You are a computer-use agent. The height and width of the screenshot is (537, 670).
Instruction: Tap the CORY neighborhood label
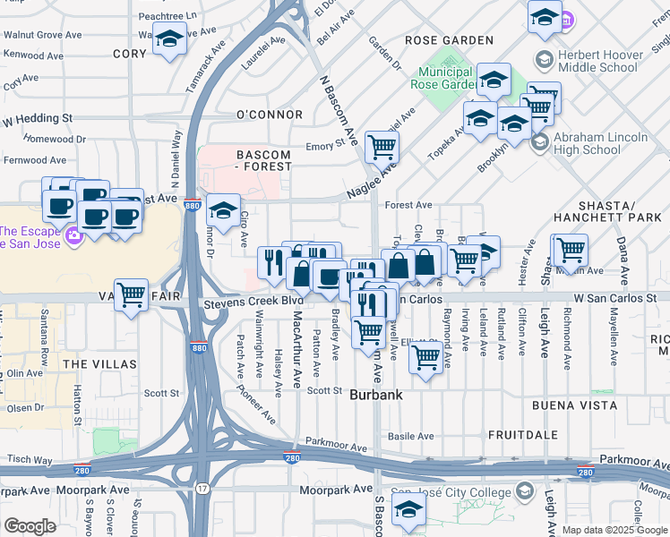click(129, 54)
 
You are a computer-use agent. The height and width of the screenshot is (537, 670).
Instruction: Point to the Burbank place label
click(375, 394)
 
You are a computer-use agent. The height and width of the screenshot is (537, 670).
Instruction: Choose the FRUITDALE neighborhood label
click(524, 434)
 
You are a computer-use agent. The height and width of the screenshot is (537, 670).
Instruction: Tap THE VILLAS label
click(100, 364)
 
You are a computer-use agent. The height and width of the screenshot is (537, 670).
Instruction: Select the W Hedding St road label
click(37, 118)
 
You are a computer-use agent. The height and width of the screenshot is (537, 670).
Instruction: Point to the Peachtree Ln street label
click(167, 16)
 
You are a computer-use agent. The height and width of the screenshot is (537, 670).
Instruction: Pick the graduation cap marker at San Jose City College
click(408, 508)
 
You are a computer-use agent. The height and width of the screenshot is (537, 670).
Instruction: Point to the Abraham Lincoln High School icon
click(539, 142)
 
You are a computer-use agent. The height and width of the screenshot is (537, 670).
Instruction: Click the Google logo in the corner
click(30, 526)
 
